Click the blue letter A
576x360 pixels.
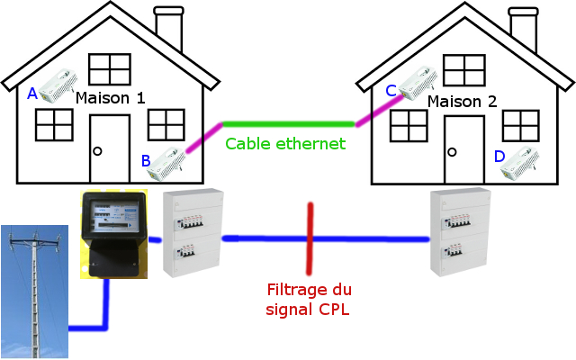32,93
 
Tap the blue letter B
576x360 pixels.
146,161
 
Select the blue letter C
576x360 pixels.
391,90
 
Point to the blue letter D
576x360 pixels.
499,157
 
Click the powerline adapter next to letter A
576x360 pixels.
55,90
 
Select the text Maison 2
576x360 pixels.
462,101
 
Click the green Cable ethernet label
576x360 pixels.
285,143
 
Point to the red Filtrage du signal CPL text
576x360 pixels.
309,300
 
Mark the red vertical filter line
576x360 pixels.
310,238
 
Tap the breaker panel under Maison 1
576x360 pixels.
192,234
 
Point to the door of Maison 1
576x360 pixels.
109,149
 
